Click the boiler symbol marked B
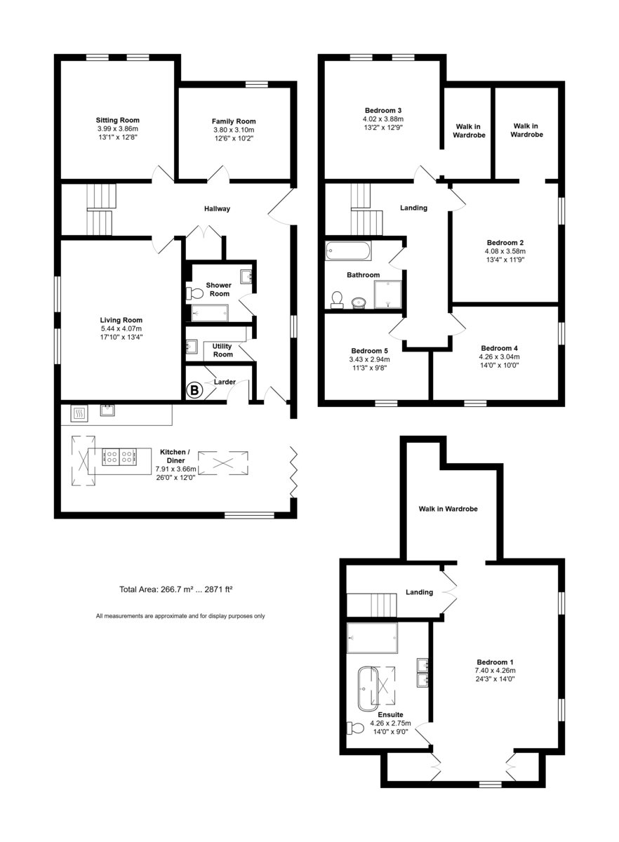[194, 390]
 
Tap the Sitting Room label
[118, 120]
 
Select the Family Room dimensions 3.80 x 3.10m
[234, 130]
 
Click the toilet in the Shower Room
[194, 293]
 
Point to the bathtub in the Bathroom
[348, 250]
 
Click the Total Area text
[176, 589]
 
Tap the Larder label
[225, 382]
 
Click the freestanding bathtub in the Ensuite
[368, 689]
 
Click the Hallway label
[217, 208]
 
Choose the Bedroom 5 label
[369, 351]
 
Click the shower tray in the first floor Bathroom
[387, 294]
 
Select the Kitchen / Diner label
[175, 456]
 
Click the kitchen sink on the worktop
[107, 410]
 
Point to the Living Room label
[121, 320]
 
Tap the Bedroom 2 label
[505, 243]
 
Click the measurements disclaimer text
[180, 616]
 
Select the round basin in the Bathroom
[359, 302]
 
